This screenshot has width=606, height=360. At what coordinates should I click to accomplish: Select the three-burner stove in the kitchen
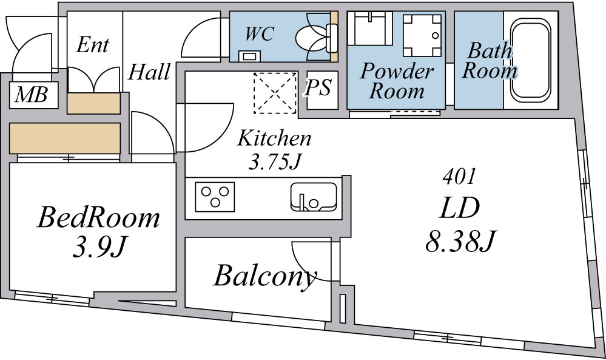coord(215,197)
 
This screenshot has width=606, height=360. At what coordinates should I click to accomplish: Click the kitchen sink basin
coord(314,197)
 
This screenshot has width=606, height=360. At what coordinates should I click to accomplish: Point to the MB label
coord(32,94)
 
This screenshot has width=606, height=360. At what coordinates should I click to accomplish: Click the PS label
coord(318,88)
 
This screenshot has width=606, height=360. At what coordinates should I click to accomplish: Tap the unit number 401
coord(459,177)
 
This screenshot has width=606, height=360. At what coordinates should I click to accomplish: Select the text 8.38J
coord(460,241)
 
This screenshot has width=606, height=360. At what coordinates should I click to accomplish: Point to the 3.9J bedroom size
coord(99,246)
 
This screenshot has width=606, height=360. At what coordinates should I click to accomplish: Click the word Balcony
coord(265,276)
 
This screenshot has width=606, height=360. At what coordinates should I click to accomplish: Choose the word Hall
coord(149,72)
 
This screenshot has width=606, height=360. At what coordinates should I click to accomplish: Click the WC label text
coord(260,34)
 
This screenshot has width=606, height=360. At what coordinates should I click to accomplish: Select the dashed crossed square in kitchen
coord(275,93)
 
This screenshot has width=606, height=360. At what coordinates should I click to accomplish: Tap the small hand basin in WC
coord(250,56)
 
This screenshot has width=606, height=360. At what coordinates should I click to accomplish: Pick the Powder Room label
coord(397,81)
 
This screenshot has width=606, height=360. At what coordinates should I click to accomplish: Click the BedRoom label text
coord(98,218)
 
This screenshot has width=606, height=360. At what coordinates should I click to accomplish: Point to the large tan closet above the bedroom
coord(65,138)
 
